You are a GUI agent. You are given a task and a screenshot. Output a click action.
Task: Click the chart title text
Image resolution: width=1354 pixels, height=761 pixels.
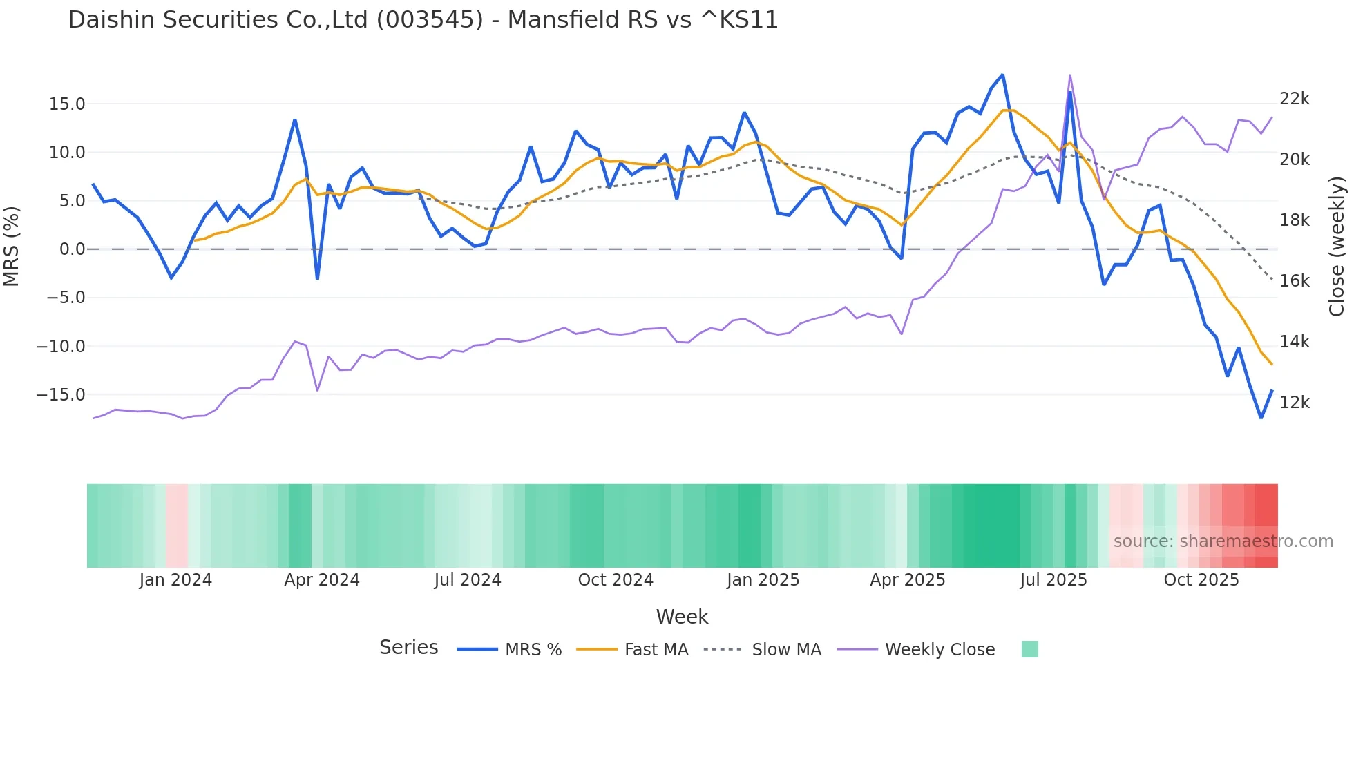[423, 20]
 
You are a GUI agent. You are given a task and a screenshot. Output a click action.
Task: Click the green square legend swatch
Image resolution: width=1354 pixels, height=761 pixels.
[1029, 649]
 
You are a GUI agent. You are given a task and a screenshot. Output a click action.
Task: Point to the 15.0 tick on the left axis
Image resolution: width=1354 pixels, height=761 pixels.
[67, 104]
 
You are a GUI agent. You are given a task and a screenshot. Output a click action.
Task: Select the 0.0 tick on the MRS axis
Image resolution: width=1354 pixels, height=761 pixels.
[72, 249]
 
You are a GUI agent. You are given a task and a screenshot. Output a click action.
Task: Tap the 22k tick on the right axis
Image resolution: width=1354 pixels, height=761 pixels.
[1294, 99]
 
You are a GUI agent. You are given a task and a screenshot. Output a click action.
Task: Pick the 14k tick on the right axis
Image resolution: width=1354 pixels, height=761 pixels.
[1294, 342]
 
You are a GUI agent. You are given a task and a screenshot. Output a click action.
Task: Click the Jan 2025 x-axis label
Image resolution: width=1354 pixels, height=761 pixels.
[763, 580]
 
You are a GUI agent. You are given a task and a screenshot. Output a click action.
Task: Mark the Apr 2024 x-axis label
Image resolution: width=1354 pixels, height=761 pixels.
[322, 580]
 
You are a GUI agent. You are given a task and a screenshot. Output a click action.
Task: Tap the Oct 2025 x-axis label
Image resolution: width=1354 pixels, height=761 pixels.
[1201, 580]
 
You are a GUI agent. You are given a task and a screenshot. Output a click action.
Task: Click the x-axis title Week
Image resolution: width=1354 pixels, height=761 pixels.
[682, 617]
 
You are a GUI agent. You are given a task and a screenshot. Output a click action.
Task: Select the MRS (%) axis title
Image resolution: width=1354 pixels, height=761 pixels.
[12, 247]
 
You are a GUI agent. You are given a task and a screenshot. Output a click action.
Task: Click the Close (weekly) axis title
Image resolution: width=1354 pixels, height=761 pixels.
[1337, 247]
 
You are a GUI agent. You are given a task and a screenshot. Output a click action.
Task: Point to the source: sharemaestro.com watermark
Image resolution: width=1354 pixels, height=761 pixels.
[1223, 541]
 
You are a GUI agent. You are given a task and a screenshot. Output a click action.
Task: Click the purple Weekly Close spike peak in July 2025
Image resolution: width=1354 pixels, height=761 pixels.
[1069, 75]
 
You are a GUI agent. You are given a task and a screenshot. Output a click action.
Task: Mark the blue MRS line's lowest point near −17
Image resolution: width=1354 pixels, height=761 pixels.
[1261, 418]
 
